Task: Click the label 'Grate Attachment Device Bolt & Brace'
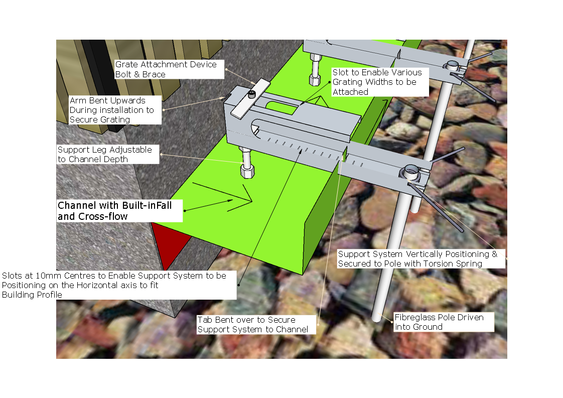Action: (x=166, y=69)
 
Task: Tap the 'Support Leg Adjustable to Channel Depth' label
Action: (x=104, y=155)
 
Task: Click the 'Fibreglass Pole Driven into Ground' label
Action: (x=439, y=322)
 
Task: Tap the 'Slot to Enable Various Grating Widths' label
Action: (x=377, y=82)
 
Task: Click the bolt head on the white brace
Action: (x=252, y=94)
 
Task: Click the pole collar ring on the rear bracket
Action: (x=452, y=66)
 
